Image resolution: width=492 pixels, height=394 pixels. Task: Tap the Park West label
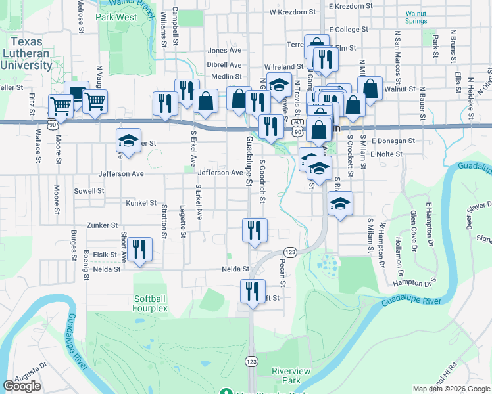(x=116, y=17)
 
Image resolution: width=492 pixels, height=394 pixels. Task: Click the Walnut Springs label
(x=416, y=17)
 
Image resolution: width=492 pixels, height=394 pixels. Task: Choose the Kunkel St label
(x=141, y=204)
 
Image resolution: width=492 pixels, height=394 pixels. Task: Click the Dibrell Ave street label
(x=224, y=65)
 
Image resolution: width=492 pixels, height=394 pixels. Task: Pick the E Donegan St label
(x=393, y=141)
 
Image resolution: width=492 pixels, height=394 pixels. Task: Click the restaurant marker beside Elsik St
(x=139, y=250)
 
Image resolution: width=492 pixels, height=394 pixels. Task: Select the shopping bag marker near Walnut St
(x=370, y=89)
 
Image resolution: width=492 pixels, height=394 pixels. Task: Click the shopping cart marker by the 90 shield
(x=61, y=105)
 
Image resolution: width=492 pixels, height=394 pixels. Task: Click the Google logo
(x=22, y=386)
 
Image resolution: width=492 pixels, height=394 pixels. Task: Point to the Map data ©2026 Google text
(x=451, y=389)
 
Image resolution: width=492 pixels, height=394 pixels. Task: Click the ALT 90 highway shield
(x=298, y=127)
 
